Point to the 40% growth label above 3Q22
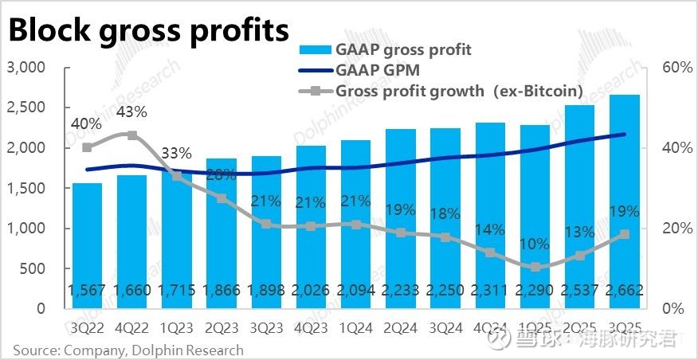tap(86, 123)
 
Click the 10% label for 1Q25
tap(535, 245)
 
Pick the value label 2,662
tap(625, 288)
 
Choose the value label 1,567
tap(87, 288)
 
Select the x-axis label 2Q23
tap(222, 326)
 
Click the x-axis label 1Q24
tap(356, 326)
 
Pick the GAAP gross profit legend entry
tap(403, 49)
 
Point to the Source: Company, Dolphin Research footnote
tap(127, 350)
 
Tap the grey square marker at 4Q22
tap(132, 135)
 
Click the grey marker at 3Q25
tap(625, 234)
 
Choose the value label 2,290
tap(535, 288)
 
